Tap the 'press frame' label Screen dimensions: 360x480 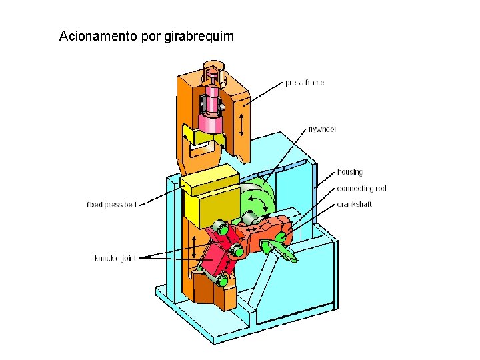point(305,83)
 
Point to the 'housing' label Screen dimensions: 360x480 point(350,172)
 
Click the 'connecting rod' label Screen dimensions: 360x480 point(361,189)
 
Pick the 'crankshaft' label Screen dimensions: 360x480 point(355,204)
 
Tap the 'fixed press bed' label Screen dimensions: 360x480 point(111,205)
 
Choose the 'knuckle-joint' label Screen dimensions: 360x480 point(115,258)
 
